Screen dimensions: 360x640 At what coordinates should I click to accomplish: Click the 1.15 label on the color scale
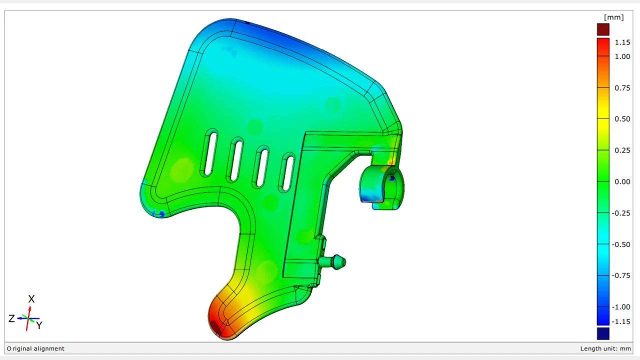(x=622, y=42)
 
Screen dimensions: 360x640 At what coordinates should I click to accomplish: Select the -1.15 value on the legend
(x=621, y=321)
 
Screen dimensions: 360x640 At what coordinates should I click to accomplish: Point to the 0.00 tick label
(x=622, y=181)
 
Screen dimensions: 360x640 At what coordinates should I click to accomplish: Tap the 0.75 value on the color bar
(x=622, y=88)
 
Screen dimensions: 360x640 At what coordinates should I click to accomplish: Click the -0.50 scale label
(x=621, y=244)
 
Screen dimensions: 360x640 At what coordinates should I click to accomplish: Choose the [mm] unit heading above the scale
(x=613, y=17)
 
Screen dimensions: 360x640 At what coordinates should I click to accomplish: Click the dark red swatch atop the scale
(x=603, y=29)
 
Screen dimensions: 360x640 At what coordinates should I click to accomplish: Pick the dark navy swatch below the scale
(x=603, y=333)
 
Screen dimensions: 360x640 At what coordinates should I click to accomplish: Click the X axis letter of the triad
(x=31, y=299)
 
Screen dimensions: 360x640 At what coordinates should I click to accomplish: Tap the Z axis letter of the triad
(x=11, y=318)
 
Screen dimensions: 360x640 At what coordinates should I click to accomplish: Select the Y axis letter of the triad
(x=39, y=325)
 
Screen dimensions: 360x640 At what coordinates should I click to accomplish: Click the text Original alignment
(x=35, y=348)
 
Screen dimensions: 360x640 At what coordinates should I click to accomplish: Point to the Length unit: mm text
(x=605, y=348)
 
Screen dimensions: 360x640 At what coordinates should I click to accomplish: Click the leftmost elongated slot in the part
(x=209, y=152)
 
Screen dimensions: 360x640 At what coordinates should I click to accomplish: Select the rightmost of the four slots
(x=287, y=172)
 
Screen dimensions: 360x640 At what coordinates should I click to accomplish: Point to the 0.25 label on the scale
(x=622, y=150)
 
